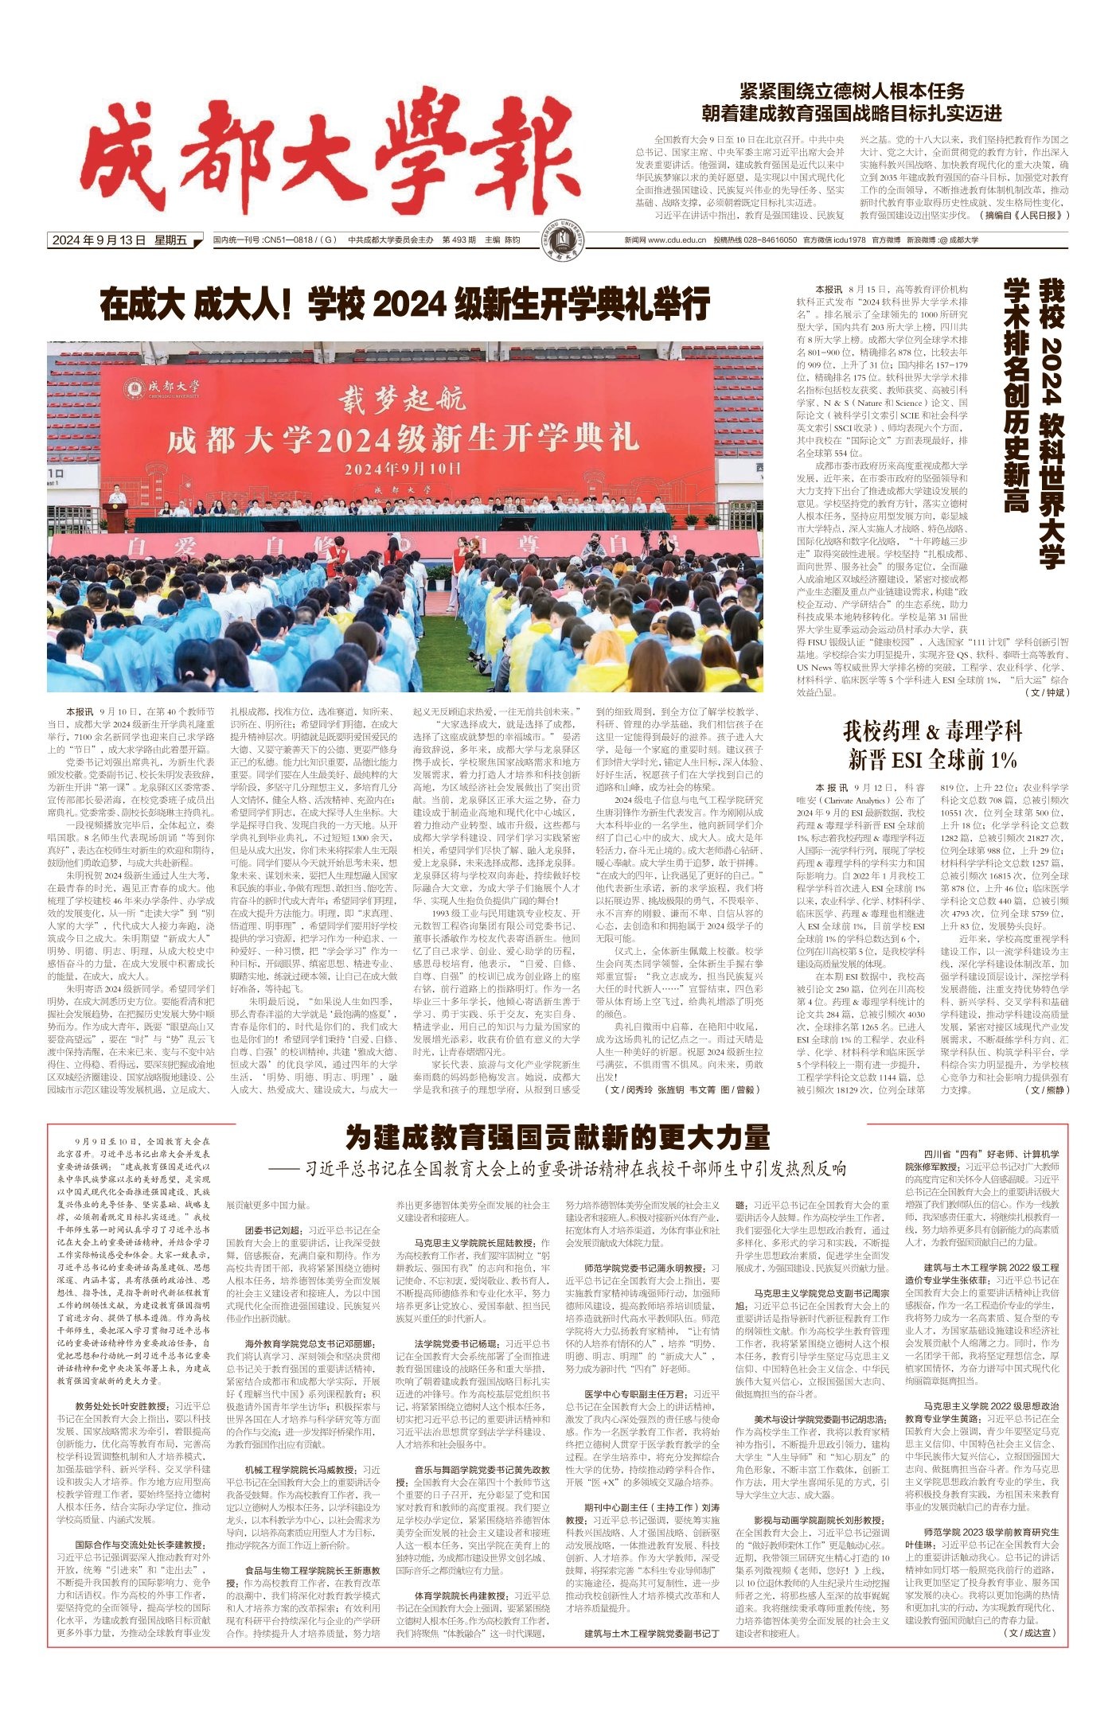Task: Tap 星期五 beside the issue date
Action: [x=170, y=240]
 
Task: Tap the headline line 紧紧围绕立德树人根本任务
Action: [x=852, y=91]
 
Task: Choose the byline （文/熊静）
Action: [x=1047, y=1089]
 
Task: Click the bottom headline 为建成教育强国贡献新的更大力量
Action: [x=557, y=1138]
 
